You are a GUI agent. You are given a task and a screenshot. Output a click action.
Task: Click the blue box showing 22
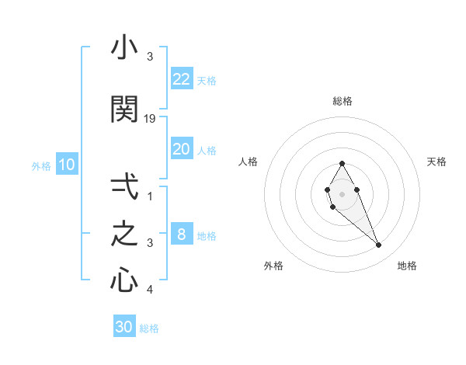[182, 78]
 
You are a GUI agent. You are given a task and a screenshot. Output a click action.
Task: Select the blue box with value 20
[182, 149]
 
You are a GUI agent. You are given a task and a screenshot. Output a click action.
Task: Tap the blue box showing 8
[182, 235]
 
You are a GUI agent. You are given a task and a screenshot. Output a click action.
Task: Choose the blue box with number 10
[67, 165]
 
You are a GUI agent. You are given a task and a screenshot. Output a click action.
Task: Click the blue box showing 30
[124, 327]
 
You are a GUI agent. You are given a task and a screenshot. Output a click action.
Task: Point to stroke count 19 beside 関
[151, 118]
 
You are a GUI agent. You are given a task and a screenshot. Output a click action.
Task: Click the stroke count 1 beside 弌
[150, 196]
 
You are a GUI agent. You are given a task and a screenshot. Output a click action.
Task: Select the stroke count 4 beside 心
[150, 290]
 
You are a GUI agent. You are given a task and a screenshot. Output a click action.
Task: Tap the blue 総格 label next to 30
[149, 328]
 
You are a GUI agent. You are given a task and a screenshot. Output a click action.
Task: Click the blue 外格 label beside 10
[40, 165]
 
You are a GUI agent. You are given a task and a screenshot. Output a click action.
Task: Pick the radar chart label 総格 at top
[342, 101]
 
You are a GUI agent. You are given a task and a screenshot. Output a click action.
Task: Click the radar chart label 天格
[436, 162]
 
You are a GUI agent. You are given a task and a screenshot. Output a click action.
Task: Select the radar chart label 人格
[248, 162]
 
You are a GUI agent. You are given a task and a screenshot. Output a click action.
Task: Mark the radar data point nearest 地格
[378, 245]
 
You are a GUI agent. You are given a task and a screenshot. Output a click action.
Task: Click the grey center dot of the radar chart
[342, 193]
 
